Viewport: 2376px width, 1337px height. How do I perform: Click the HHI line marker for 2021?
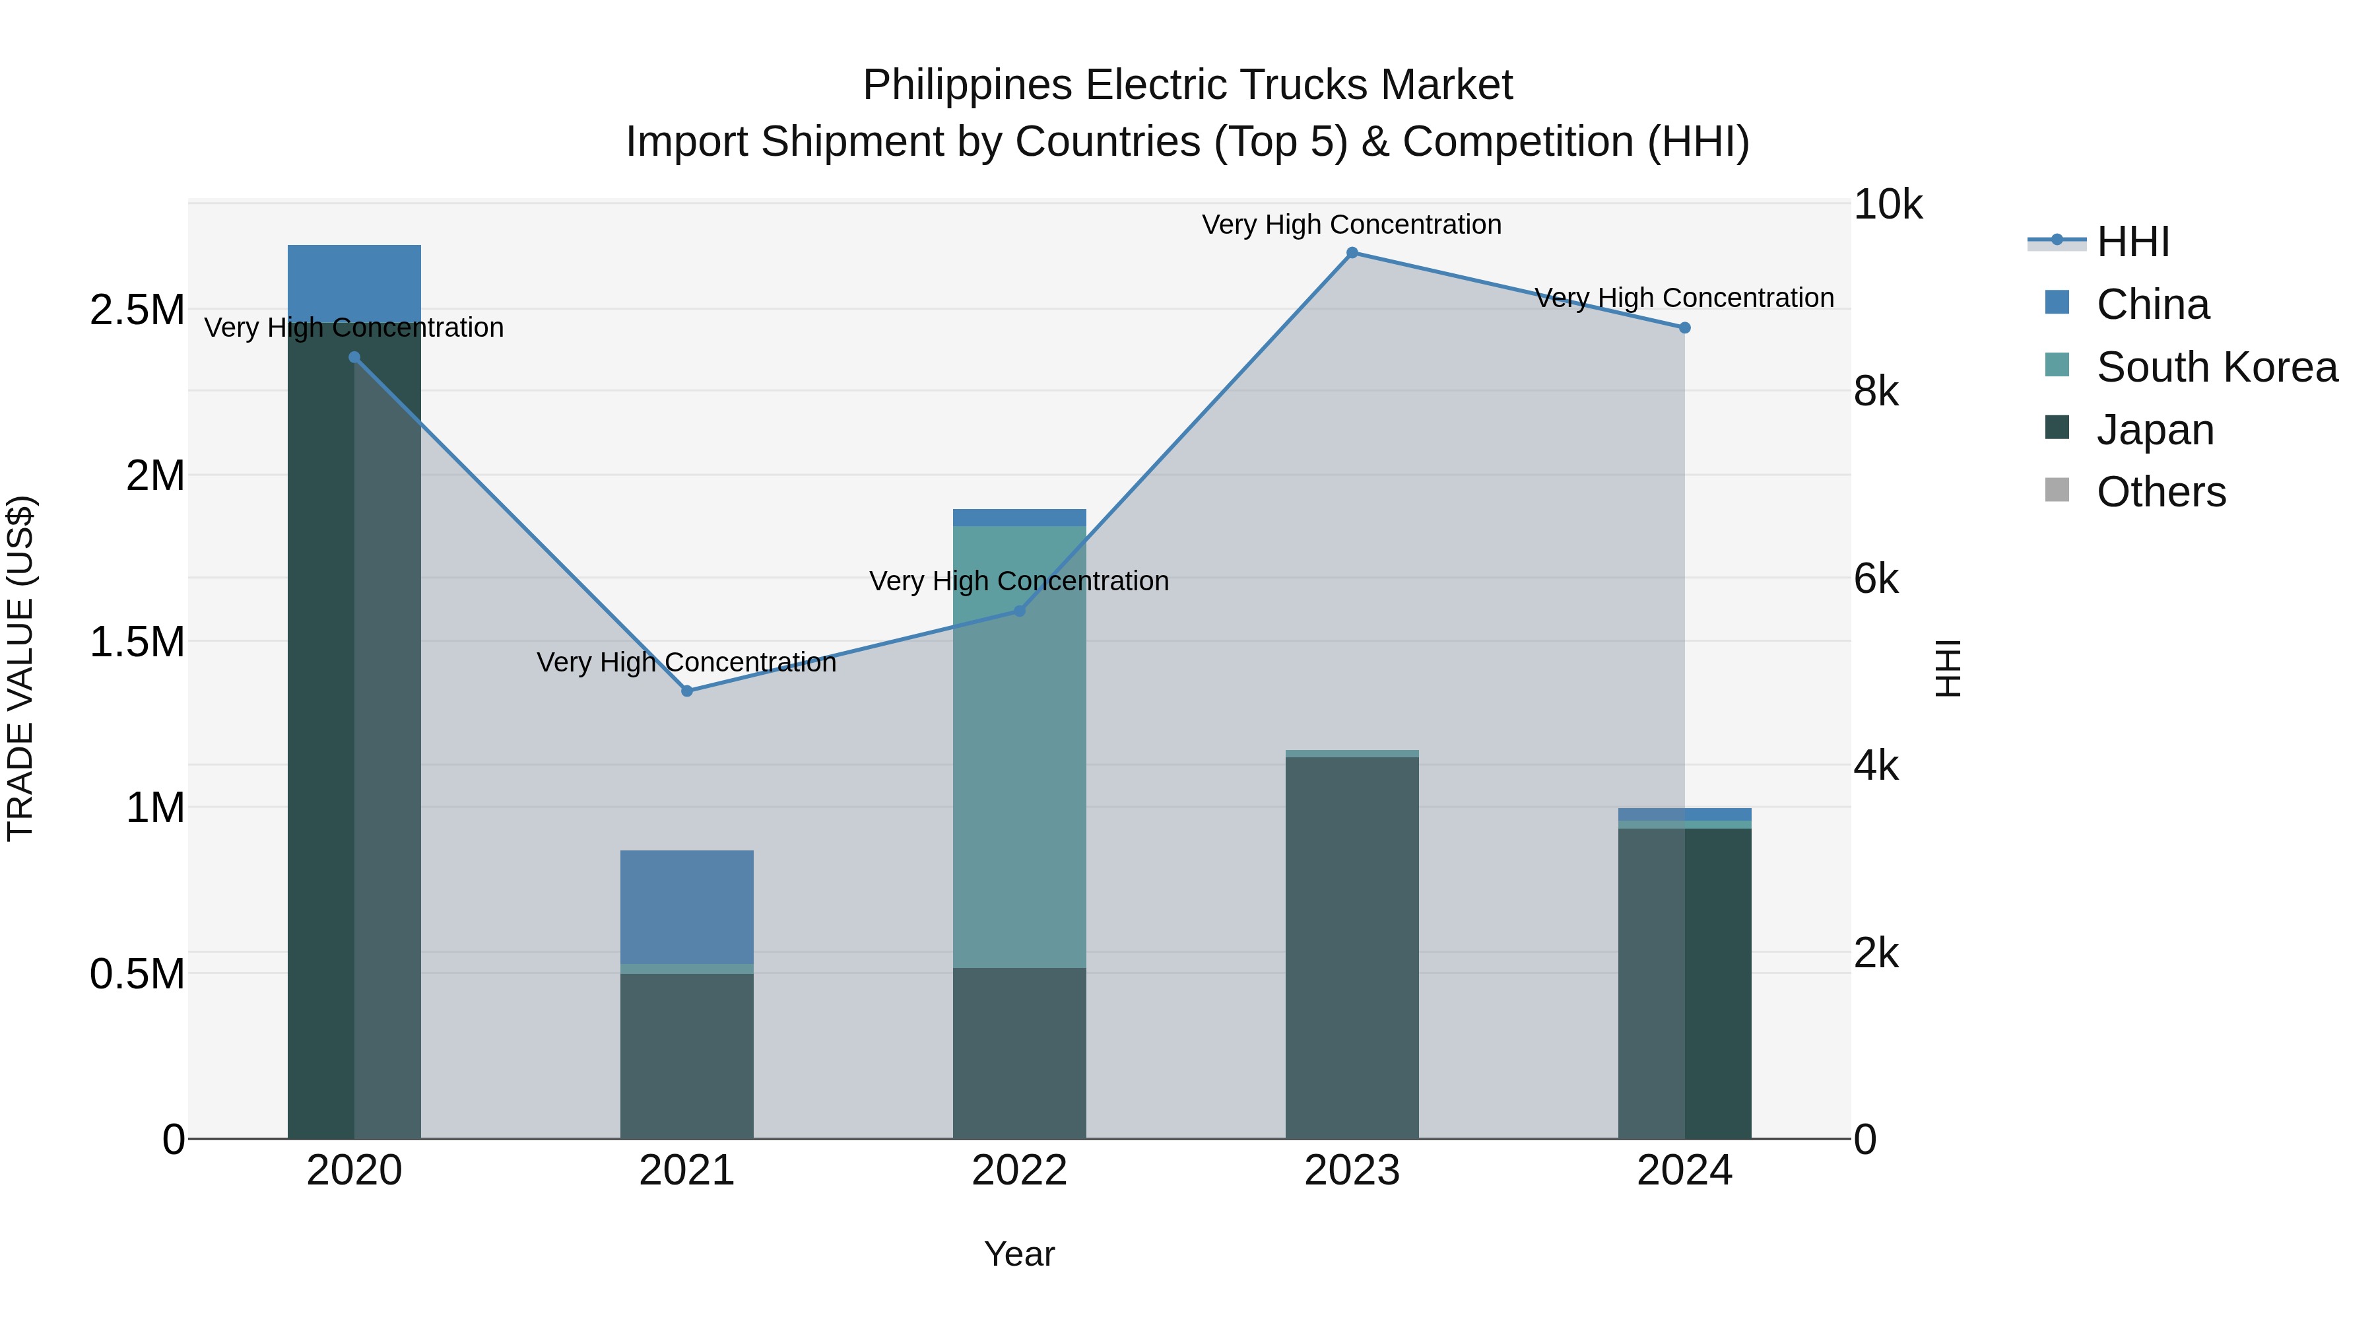686,691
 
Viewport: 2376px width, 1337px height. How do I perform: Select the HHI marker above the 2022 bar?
1019,611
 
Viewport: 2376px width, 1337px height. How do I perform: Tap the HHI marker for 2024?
1684,327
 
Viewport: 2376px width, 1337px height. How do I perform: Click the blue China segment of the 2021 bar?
686,906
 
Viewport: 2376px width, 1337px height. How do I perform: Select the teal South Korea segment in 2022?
1019,747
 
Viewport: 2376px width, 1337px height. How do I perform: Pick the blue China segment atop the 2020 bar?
354,281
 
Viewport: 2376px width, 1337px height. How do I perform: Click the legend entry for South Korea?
2216,367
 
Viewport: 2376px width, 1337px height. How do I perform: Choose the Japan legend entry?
2155,430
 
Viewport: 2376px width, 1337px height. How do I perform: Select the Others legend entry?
2160,492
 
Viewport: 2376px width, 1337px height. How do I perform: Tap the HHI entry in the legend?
2132,242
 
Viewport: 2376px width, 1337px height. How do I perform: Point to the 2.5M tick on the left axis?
137,310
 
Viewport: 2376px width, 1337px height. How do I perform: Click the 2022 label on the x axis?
1019,1171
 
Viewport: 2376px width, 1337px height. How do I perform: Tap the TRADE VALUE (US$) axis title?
20,669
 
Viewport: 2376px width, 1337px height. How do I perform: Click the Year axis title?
1019,1254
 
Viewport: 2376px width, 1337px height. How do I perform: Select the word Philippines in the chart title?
968,85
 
